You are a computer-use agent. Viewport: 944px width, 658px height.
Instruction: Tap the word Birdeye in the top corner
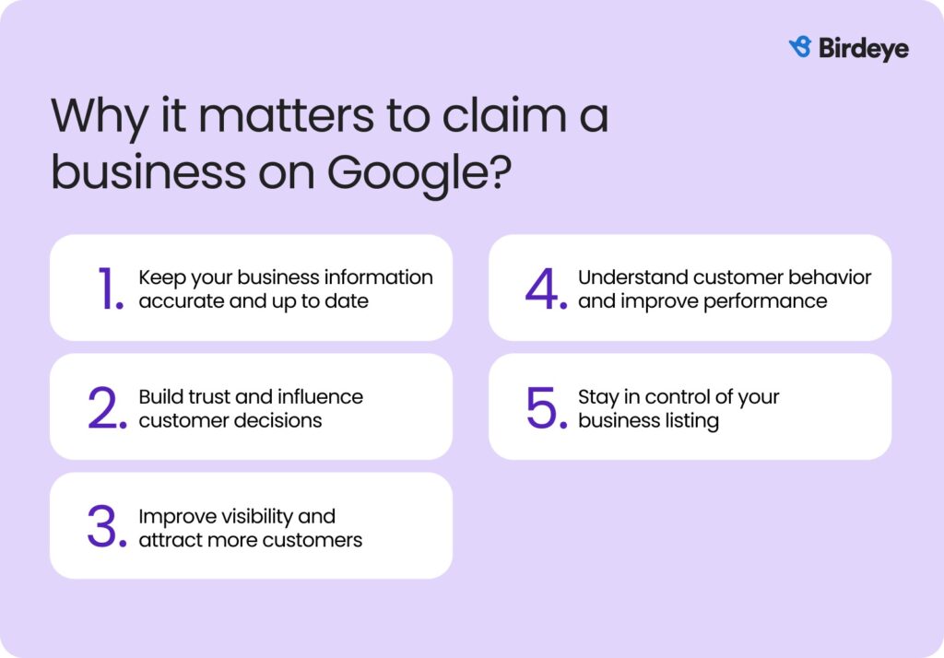tap(863, 48)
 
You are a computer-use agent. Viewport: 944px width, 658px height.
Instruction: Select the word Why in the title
tap(94, 117)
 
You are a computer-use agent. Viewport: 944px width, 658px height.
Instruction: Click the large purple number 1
tap(110, 288)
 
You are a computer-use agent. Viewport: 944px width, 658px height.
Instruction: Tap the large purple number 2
tap(108, 408)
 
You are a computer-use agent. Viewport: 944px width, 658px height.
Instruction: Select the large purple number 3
tap(108, 528)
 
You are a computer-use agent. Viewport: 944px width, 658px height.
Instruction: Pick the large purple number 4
tap(546, 288)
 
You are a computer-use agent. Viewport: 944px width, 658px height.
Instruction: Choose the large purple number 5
tap(547, 408)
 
